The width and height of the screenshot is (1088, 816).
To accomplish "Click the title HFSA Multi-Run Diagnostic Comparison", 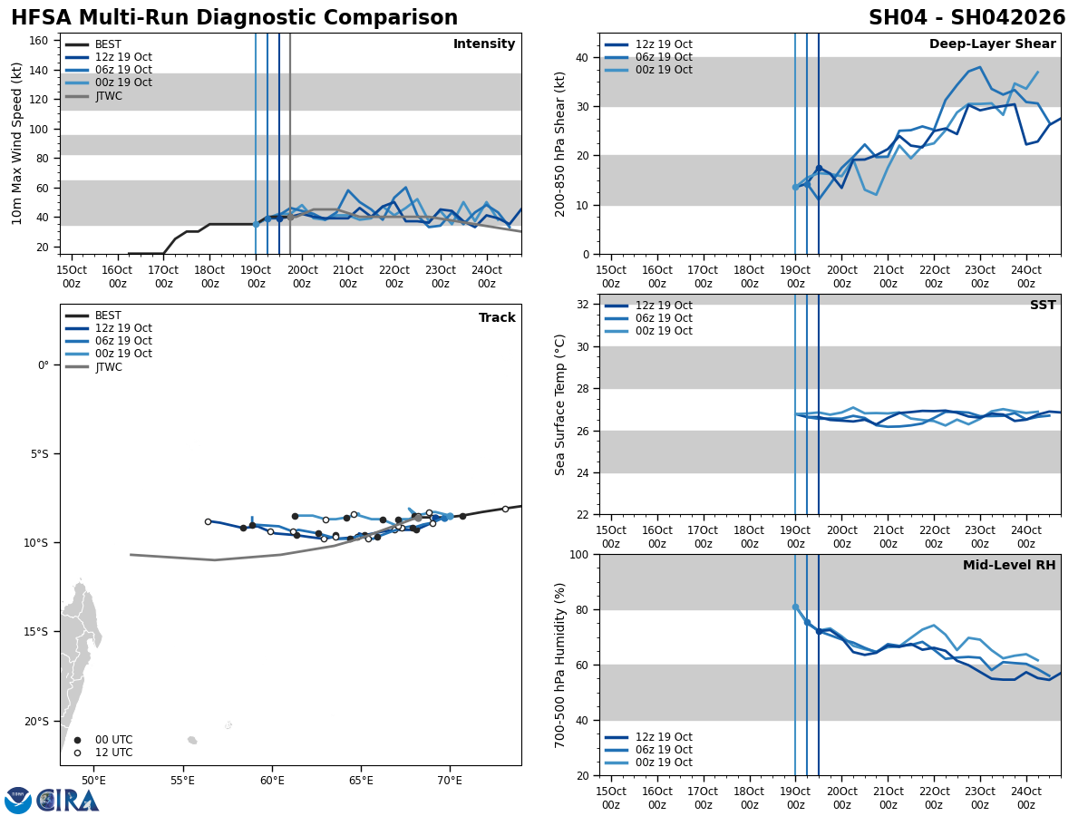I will (234, 18).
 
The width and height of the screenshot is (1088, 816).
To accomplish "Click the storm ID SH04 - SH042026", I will (967, 18).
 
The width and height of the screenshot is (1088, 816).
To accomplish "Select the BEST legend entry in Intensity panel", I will (107, 44).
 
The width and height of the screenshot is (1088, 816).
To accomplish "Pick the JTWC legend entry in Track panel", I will (108, 367).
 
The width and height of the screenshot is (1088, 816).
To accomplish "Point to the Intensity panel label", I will (484, 44).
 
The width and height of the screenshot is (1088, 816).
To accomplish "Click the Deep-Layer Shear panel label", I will (992, 44).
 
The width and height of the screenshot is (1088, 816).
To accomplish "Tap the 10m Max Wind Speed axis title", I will (17, 143).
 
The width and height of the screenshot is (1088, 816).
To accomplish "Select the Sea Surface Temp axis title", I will (560, 404).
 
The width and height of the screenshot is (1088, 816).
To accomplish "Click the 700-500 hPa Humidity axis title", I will (560, 665).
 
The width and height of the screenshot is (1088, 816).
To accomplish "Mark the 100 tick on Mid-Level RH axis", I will (578, 554).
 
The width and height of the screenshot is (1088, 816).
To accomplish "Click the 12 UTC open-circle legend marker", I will (78, 753).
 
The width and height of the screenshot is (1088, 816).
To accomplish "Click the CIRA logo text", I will (68, 801).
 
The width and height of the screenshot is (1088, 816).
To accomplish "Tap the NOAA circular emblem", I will (18, 801).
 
